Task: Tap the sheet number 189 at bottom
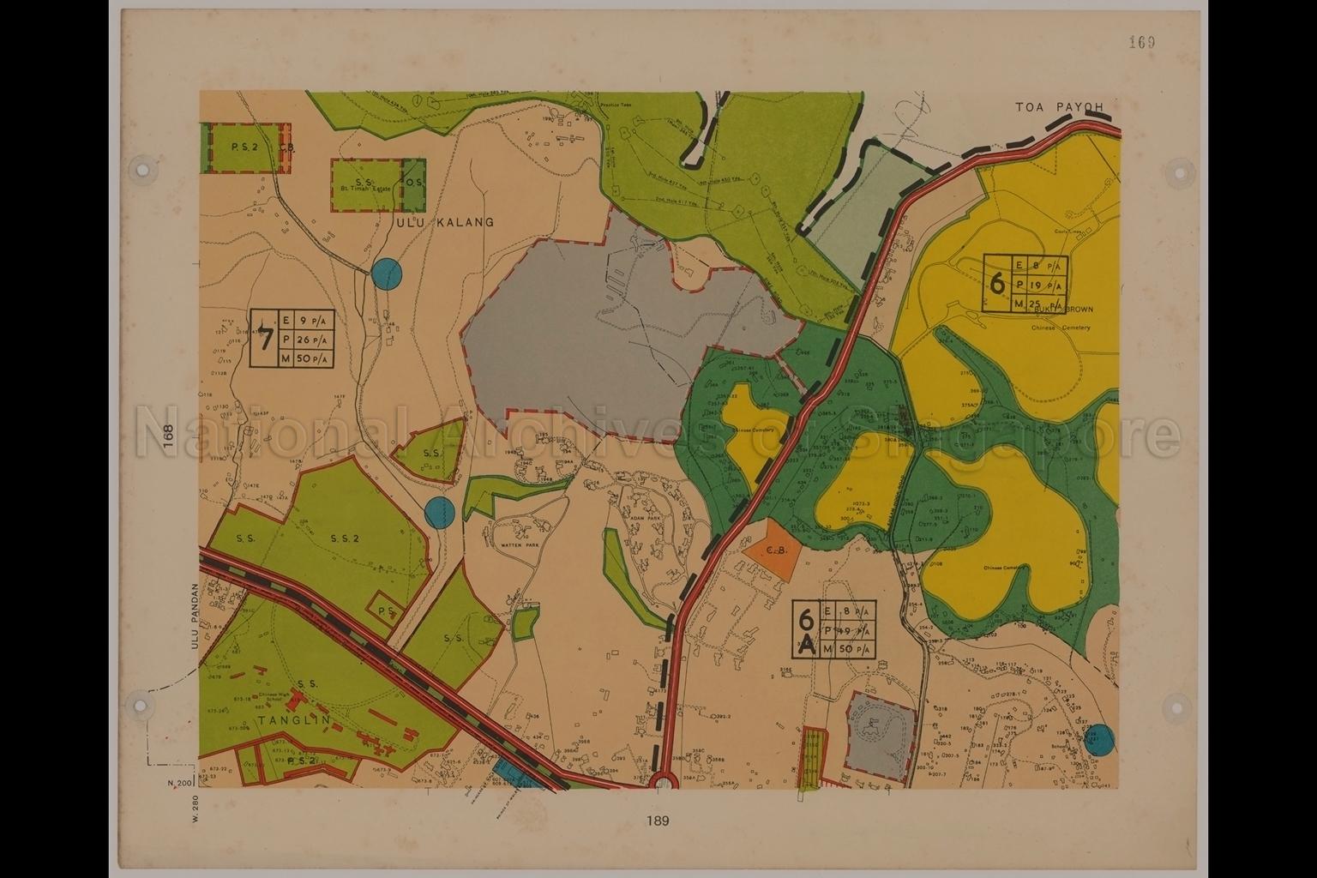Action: pyautogui.click(x=658, y=821)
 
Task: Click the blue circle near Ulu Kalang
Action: pyautogui.click(x=387, y=274)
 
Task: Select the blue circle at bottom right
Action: pyautogui.click(x=1098, y=740)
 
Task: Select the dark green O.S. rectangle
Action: pyautogui.click(x=414, y=183)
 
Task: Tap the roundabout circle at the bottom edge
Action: pyautogui.click(x=662, y=782)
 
